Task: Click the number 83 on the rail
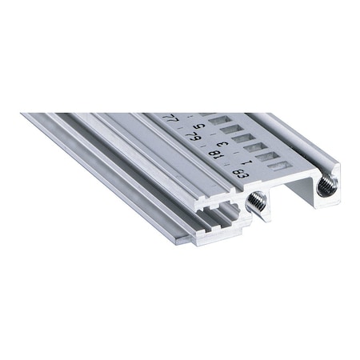(238, 171)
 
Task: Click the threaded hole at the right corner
(326, 186)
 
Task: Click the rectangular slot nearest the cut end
(278, 166)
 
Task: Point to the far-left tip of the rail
(22, 114)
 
